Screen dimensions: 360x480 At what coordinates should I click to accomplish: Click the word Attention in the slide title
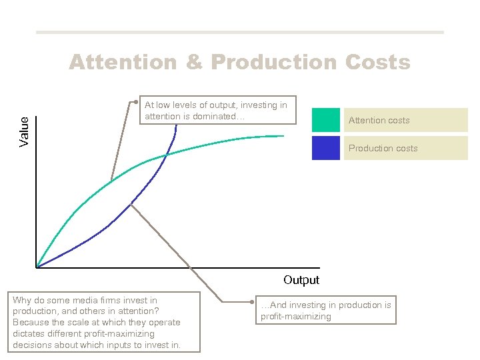[x=123, y=62]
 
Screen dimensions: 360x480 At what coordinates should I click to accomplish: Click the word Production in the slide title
[x=275, y=62]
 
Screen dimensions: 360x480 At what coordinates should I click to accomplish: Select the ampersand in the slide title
[x=194, y=62]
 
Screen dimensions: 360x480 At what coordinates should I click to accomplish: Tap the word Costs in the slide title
[x=377, y=62]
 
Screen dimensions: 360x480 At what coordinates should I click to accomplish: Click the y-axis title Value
[x=25, y=131]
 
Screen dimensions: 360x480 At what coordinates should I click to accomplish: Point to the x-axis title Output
[x=301, y=280]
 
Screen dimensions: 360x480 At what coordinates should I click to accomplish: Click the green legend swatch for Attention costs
[x=325, y=120]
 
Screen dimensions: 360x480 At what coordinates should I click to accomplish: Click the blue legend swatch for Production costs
[x=325, y=148]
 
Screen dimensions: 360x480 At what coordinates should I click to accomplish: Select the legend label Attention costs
[x=379, y=121]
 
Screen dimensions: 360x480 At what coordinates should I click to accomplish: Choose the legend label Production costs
[x=383, y=149]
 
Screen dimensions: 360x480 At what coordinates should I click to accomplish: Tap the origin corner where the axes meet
[x=37, y=268]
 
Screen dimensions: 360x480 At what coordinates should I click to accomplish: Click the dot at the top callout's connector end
[x=135, y=102]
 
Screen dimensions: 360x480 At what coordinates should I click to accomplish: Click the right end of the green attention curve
[x=284, y=136]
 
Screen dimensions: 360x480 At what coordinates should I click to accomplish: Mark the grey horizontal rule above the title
[x=239, y=32]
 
